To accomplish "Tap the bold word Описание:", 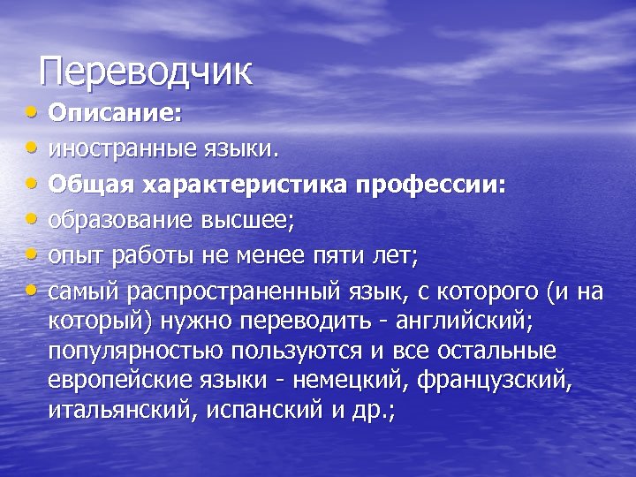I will pos(114,114).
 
